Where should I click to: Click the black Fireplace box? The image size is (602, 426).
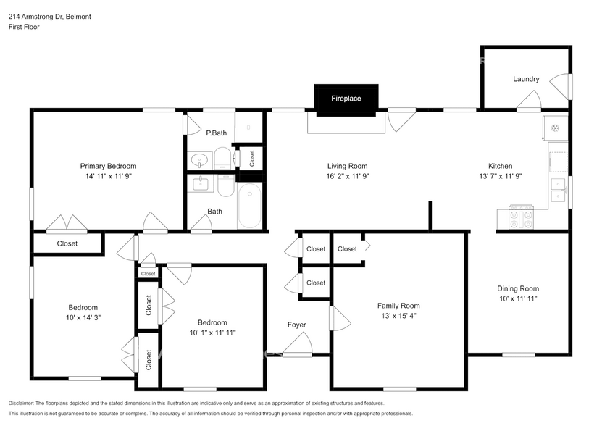(346, 99)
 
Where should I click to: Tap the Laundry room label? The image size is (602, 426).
(526, 79)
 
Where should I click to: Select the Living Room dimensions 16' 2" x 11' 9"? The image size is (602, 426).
(348, 176)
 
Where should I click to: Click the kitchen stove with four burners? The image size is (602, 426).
(522, 216)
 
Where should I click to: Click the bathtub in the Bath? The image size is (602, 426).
(250, 206)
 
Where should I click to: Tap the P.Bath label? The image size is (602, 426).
(216, 133)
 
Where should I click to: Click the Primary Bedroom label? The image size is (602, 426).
(108, 166)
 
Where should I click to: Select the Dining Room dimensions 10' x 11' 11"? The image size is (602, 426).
(517, 298)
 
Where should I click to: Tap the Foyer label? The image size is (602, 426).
(296, 325)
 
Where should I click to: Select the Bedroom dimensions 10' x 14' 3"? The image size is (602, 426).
(83, 317)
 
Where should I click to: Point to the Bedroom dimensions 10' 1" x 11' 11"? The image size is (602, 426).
(212, 333)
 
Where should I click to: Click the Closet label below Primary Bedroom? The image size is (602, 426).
(67, 244)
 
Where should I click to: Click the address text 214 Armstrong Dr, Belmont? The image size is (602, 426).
(45, 16)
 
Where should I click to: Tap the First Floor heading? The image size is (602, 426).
(24, 27)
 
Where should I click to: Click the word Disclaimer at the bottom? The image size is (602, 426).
(25, 403)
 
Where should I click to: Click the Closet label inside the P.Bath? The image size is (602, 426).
(251, 156)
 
